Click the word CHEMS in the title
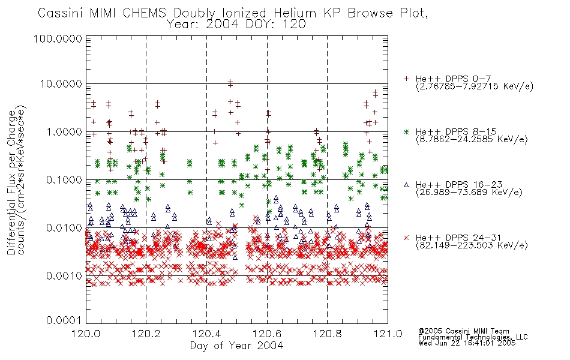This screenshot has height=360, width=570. (x=144, y=13)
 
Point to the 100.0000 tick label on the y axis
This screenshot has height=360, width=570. (x=58, y=38)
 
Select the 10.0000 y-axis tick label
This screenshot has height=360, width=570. (x=61, y=84)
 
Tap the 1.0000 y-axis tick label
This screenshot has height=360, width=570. (x=64, y=131)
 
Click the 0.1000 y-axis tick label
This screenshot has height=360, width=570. (x=64, y=179)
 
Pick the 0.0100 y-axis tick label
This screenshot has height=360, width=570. (x=64, y=227)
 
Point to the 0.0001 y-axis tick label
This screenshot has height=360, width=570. (x=64, y=320)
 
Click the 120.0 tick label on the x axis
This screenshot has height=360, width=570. (x=86, y=334)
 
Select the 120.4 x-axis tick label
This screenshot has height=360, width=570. (x=207, y=334)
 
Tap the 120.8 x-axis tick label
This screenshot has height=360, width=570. (x=328, y=334)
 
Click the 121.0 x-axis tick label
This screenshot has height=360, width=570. (x=388, y=334)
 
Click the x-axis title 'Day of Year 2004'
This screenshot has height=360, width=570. (x=236, y=346)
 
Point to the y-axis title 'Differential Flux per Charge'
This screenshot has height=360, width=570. (x=11, y=182)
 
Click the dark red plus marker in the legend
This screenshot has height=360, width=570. (x=406, y=79)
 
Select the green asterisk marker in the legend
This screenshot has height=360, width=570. (x=406, y=131)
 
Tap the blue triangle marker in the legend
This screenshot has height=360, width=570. (x=406, y=185)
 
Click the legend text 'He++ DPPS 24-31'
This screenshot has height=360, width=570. (x=458, y=238)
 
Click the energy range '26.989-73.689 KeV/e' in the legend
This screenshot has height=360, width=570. (x=469, y=193)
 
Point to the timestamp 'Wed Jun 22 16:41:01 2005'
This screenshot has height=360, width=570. (x=467, y=343)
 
